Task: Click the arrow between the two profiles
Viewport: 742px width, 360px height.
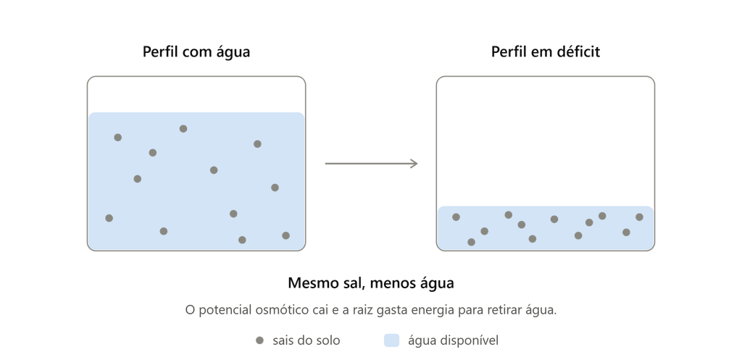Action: tap(371, 164)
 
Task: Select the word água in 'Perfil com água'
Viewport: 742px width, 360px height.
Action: tap(233, 51)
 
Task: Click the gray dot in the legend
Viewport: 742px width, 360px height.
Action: tap(259, 340)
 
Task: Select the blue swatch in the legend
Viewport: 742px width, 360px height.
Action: tap(391, 340)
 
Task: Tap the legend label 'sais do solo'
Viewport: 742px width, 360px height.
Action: tap(307, 340)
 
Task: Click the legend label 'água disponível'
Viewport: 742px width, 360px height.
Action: tap(454, 340)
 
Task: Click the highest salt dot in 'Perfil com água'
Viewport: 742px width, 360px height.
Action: tap(183, 129)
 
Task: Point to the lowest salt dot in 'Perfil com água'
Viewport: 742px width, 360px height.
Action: tap(242, 240)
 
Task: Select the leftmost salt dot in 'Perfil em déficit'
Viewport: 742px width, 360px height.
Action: tap(457, 217)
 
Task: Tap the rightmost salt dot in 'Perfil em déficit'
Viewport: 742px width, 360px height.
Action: tap(639, 217)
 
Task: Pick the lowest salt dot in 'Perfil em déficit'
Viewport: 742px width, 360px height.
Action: tap(471, 242)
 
